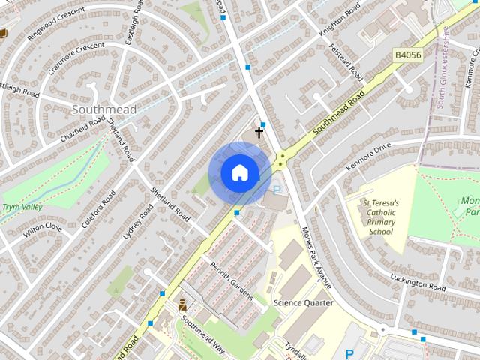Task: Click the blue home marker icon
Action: point(239,172)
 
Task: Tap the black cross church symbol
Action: point(259,133)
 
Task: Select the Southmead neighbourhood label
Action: point(105,109)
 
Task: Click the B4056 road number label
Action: point(409,55)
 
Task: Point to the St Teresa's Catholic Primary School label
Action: point(381,217)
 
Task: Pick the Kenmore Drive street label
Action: point(369,156)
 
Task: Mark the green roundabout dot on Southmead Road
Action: point(282,157)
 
